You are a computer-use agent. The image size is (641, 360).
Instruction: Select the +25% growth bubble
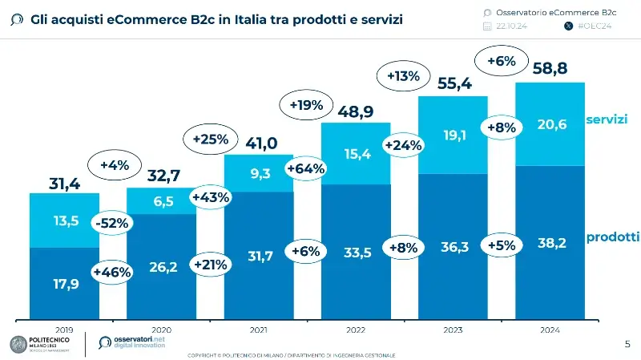211,139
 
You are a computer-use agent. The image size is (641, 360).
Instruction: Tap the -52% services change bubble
111,224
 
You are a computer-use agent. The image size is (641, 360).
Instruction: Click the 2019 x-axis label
64,330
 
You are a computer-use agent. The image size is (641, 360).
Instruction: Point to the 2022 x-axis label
355,330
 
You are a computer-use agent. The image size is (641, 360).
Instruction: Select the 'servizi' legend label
606,119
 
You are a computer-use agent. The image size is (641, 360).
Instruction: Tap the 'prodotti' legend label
612,237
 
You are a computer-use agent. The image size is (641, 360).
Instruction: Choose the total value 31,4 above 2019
64,184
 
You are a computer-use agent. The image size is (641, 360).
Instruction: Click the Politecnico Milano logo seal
18,344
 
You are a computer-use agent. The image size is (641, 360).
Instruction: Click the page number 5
627,344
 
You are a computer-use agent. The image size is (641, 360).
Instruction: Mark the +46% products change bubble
111,272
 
